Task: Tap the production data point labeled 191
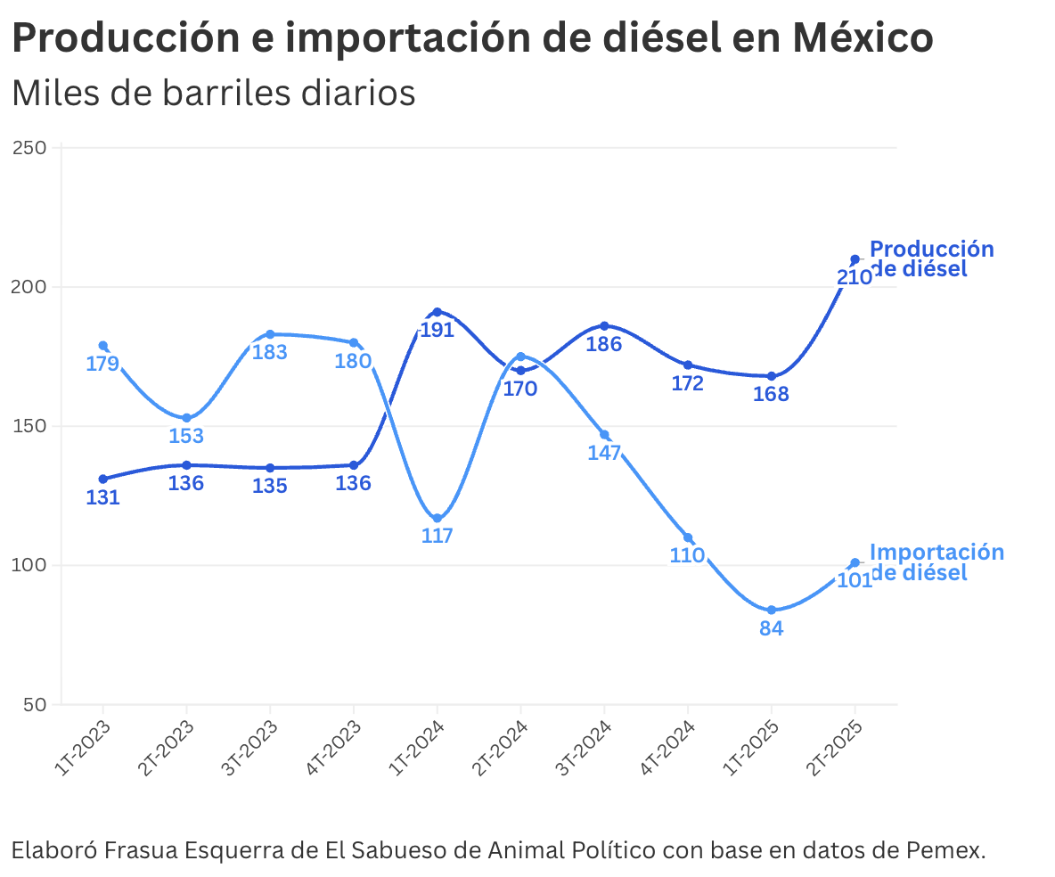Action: point(437,312)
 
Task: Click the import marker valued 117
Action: point(437,518)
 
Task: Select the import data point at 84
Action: point(772,610)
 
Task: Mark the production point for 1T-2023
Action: point(103,479)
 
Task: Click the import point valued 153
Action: point(186,418)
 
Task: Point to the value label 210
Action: point(854,277)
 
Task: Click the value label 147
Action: point(604,452)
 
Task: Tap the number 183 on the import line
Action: point(270,352)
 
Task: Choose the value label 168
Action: point(772,394)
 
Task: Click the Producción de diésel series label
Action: point(930,258)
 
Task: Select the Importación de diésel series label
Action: point(936,561)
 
